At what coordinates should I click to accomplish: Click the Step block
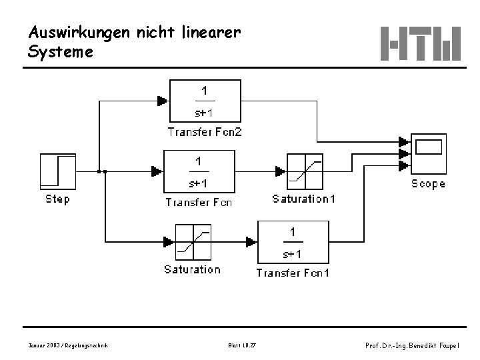[58, 171]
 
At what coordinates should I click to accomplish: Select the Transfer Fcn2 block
[205, 101]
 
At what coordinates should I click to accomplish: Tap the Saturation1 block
[305, 171]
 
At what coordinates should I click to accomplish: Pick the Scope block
[427, 154]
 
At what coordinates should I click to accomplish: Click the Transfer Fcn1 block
[292, 242]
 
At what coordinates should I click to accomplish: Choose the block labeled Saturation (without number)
[193, 241]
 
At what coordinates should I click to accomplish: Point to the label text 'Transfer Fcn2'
[205, 132]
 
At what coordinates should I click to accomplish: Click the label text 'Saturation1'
[304, 199]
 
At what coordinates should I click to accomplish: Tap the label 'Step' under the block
[57, 199]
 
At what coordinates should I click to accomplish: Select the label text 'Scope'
[428, 184]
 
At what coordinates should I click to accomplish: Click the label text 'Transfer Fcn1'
[293, 272]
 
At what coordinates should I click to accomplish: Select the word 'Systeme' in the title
[61, 51]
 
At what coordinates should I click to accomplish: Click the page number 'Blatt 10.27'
[241, 345]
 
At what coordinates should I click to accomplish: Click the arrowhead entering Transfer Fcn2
[163, 101]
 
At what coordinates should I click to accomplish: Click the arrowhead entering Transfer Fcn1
[252, 241]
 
